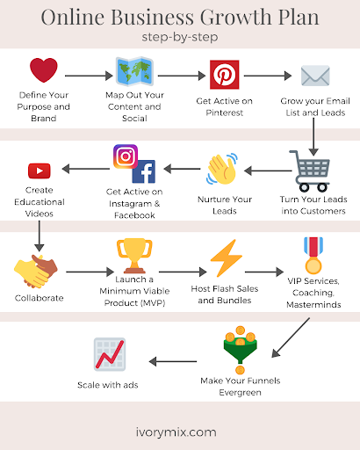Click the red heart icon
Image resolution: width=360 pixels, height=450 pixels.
(x=44, y=69)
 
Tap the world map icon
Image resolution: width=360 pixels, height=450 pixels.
(x=134, y=71)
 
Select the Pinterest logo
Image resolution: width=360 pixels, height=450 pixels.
(x=225, y=75)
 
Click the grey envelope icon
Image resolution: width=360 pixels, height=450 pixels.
(x=315, y=76)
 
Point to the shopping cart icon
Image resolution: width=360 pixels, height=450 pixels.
(x=310, y=171)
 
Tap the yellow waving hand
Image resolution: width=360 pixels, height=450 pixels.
(x=222, y=169)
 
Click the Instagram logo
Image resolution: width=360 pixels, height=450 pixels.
(x=126, y=156)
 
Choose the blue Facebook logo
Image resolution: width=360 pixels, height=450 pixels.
(x=144, y=171)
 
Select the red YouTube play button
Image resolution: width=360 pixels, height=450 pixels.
(x=40, y=171)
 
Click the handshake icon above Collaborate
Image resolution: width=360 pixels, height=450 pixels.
(x=36, y=272)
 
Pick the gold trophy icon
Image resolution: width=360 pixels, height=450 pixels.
(x=134, y=256)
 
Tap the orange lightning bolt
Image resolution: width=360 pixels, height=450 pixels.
(x=226, y=258)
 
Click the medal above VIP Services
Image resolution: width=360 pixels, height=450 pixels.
(x=313, y=255)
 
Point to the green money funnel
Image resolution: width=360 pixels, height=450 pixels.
(x=241, y=350)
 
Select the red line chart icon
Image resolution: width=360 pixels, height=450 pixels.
(x=110, y=354)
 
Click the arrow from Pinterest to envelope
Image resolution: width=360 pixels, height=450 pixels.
(x=268, y=76)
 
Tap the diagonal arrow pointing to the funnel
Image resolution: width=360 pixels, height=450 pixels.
(x=291, y=337)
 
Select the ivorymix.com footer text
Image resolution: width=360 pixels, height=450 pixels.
(x=176, y=432)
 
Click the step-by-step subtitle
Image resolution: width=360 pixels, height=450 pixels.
(x=180, y=37)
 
